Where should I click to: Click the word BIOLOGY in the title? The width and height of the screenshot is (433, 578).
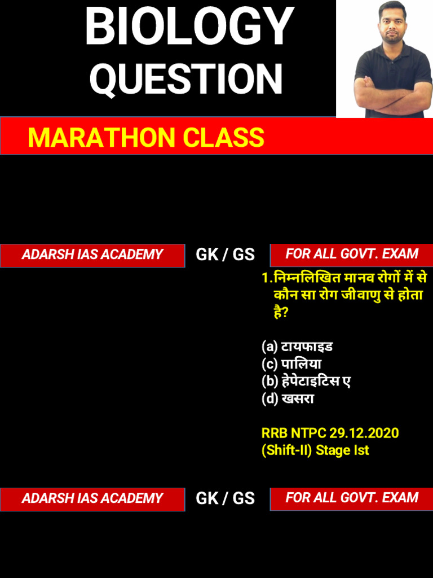pyautogui.click(x=189, y=27)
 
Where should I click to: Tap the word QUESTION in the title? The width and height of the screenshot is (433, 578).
pyautogui.click(x=185, y=79)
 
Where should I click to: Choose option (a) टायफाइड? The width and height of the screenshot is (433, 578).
pyautogui.click(x=297, y=346)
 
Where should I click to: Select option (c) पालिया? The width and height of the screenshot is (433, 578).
pyautogui.click(x=291, y=364)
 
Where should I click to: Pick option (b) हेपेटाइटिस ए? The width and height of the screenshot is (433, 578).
pyautogui.click(x=306, y=381)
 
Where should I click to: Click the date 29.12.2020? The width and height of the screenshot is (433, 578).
pyautogui.click(x=364, y=433)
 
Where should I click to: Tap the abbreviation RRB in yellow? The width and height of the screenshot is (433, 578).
pyautogui.click(x=275, y=433)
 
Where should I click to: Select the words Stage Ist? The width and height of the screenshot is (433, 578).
pyautogui.click(x=343, y=450)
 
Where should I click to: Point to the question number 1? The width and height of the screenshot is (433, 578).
pyautogui.click(x=265, y=278)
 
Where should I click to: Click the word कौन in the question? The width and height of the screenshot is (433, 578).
pyautogui.click(x=286, y=295)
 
